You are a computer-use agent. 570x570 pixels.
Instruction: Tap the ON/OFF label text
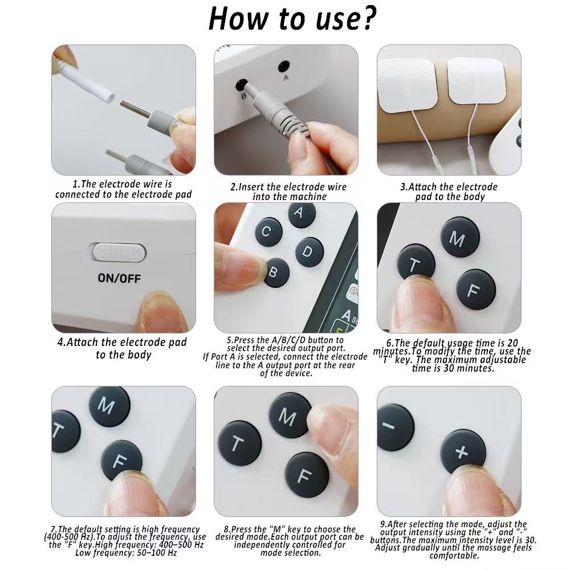point(119,279)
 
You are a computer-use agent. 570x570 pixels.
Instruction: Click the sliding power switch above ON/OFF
point(118,251)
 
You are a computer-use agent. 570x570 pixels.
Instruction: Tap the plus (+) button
point(463,451)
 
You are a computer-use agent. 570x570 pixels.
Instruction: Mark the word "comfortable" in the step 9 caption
point(453,555)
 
